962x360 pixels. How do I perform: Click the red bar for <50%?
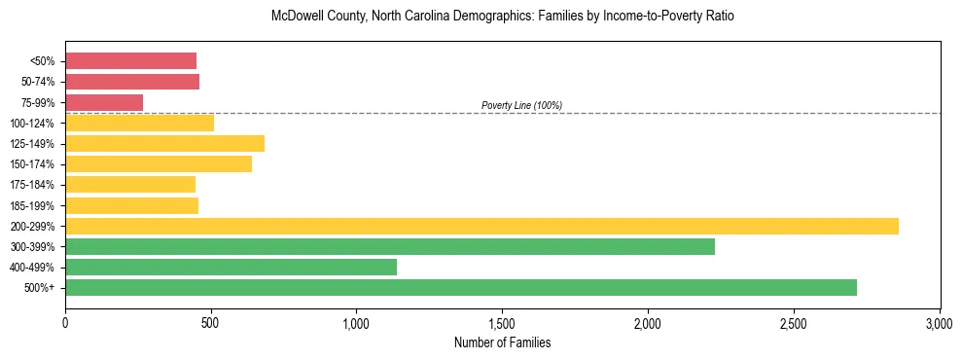(x=130, y=61)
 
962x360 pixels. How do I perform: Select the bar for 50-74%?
(x=132, y=82)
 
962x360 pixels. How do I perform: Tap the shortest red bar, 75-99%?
(x=104, y=102)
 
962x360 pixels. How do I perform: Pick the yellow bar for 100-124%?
(x=139, y=123)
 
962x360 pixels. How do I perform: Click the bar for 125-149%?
(x=164, y=144)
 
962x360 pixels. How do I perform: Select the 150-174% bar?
(x=159, y=164)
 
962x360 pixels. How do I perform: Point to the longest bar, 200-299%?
(x=481, y=226)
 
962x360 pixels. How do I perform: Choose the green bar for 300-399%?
(x=389, y=247)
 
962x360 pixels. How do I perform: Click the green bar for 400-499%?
(x=231, y=268)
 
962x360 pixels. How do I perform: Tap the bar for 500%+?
(x=461, y=288)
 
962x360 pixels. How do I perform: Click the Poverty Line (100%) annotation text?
(x=521, y=105)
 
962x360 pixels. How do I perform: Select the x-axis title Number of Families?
(x=502, y=343)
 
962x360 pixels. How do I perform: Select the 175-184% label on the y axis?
(x=33, y=185)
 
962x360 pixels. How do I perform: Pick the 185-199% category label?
(x=33, y=206)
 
